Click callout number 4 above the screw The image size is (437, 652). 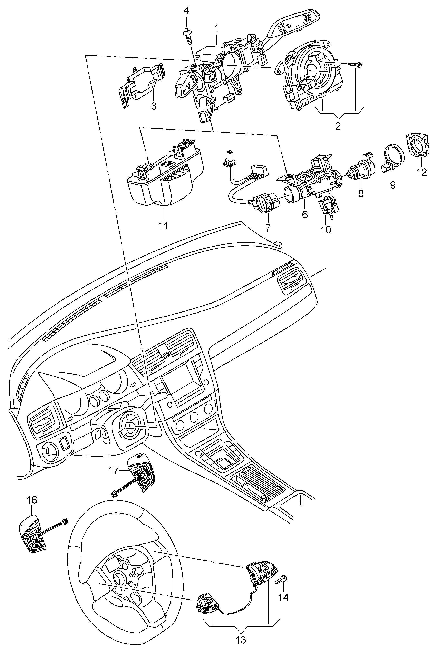(x=186, y=11)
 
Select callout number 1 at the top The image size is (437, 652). (x=216, y=28)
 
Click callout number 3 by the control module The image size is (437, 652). (x=154, y=106)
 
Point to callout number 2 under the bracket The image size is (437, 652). (x=338, y=126)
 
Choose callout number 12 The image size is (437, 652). (x=422, y=172)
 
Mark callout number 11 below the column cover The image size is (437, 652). (x=163, y=225)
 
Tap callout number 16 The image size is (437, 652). (x=32, y=500)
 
